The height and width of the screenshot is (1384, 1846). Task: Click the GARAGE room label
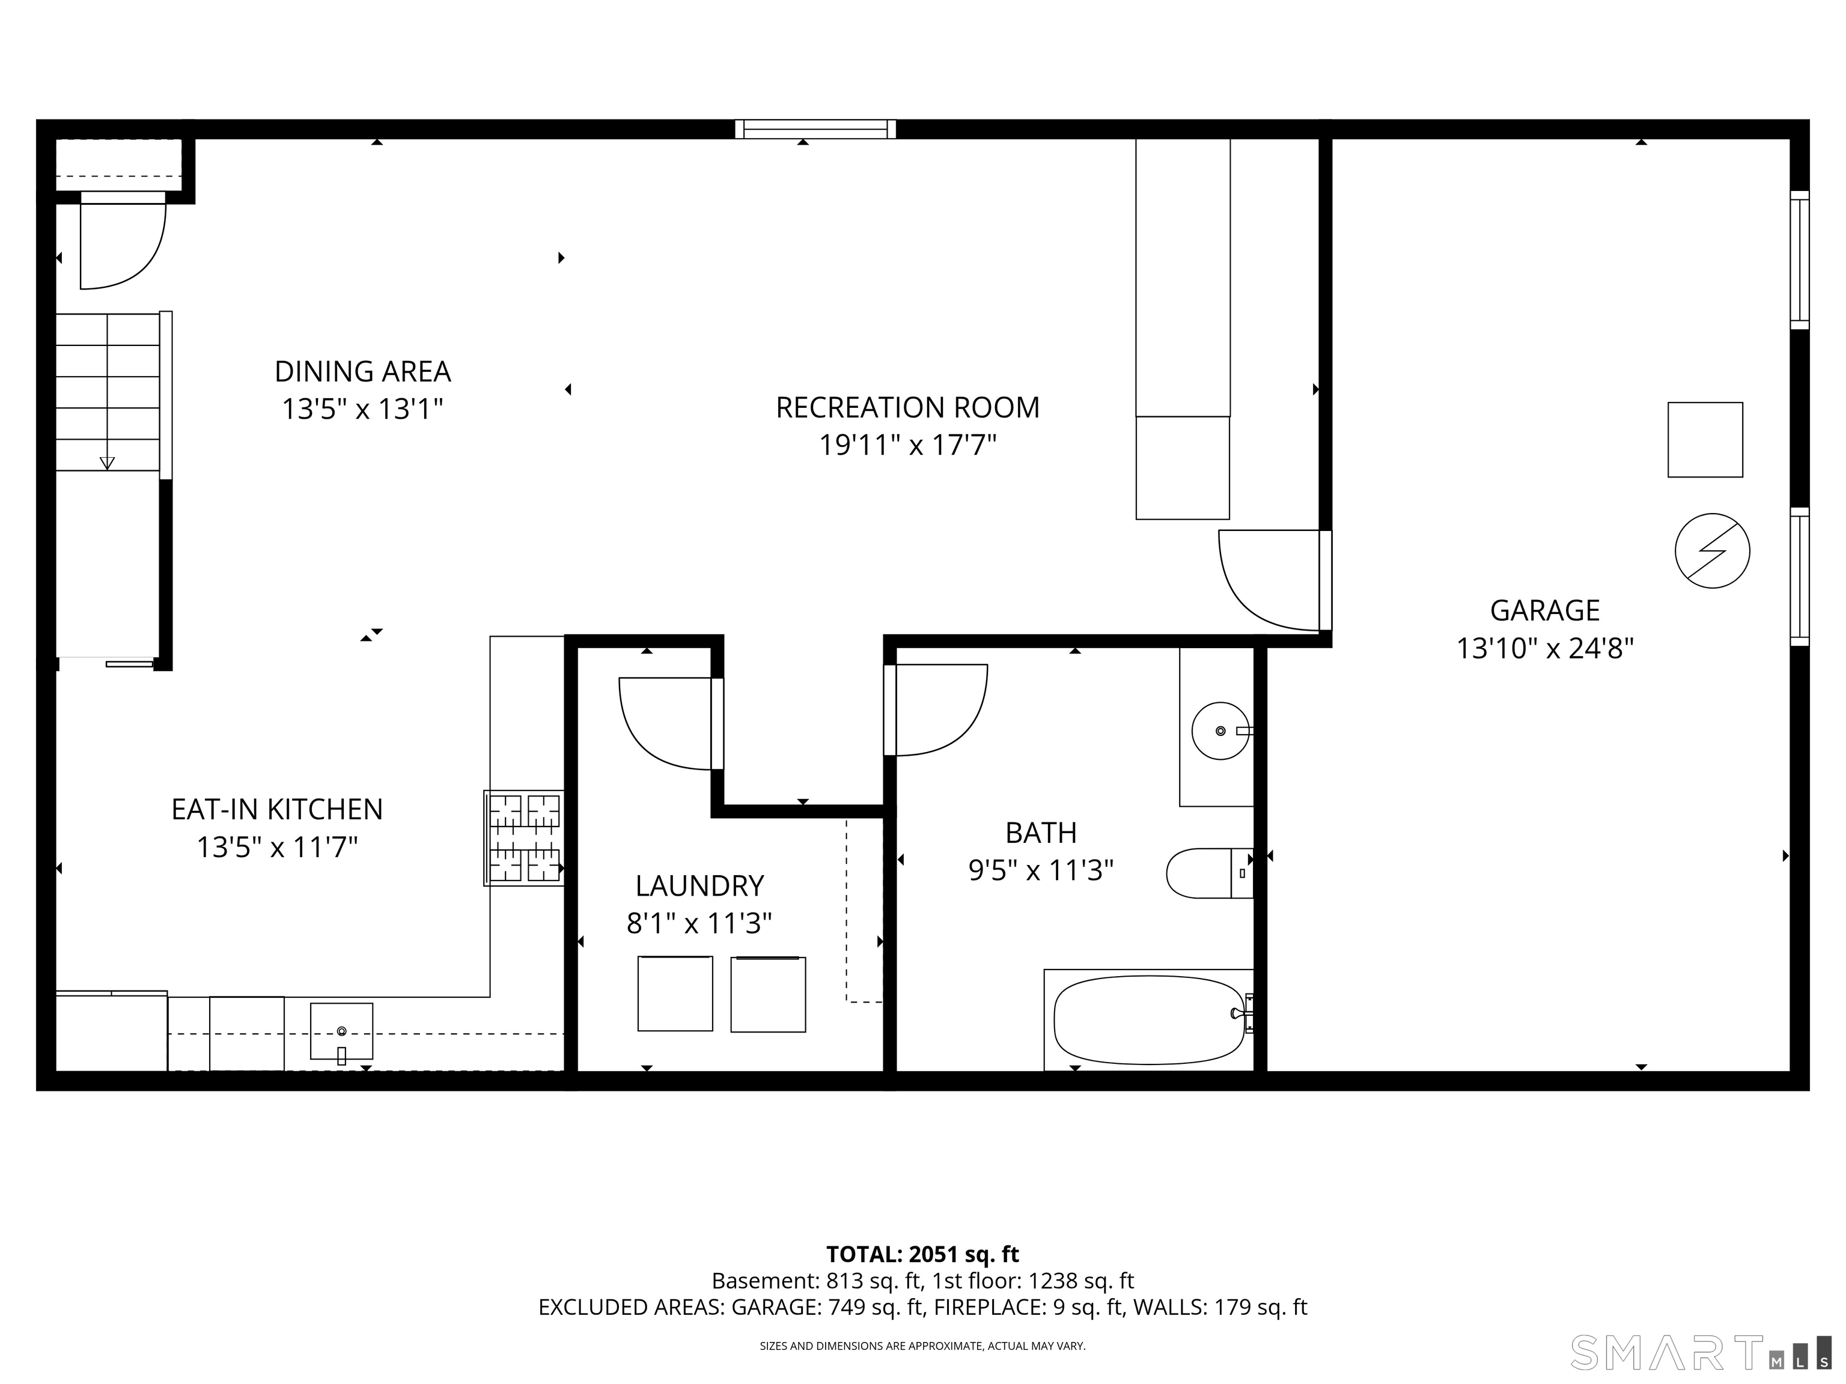[1545, 611]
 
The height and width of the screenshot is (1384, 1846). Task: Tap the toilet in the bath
[1209, 873]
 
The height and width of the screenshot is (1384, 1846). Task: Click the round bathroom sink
[1220, 731]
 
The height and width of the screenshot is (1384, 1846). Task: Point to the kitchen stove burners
[524, 837]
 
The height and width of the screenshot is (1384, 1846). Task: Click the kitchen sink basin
[341, 1031]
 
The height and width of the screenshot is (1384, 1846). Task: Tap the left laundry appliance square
[675, 994]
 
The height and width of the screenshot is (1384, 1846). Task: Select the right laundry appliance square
[768, 994]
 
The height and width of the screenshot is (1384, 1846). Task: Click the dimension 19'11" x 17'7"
[907, 446]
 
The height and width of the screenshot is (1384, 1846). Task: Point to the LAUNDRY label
[699, 885]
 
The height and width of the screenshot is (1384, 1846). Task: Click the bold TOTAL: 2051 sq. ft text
[922, 1254]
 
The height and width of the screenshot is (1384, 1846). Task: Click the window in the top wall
[815, 129]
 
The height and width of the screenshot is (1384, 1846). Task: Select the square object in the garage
[1705, 440]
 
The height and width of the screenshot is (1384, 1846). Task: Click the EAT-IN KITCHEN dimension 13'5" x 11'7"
[277, 848]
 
